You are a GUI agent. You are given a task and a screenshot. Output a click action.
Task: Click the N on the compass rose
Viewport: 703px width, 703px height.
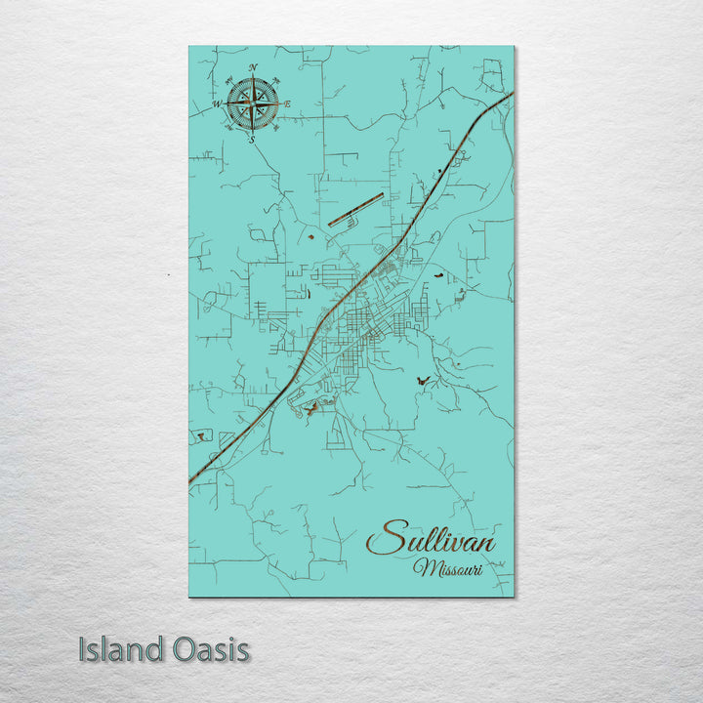tap(253, 67)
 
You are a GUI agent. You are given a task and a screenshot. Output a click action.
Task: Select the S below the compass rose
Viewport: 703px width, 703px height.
tap(252, 141)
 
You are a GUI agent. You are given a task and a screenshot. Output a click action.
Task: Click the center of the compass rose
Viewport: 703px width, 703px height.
tap(253, 103)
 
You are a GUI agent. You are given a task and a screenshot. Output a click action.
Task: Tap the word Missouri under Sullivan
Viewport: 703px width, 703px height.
tap(447, 568)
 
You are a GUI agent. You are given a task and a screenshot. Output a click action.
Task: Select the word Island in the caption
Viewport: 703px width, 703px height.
tap(119, 649)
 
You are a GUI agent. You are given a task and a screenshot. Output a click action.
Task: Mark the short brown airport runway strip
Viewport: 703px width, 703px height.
tap(355, 209)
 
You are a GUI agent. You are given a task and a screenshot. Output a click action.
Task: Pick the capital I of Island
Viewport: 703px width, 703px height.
tap(83, 649)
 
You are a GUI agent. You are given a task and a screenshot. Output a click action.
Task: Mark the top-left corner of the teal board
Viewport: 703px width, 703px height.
tap(189, 46)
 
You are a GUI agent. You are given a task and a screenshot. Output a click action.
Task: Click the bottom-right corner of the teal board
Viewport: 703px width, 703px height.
tap(514, 597)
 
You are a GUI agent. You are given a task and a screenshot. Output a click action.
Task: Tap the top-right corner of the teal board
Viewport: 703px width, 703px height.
tap(514, 46)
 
